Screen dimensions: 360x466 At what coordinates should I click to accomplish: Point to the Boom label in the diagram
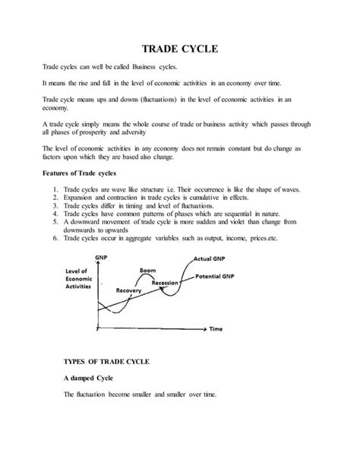[x=148, y=270]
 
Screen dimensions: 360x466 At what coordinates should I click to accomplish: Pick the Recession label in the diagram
[x=165, y=282]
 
